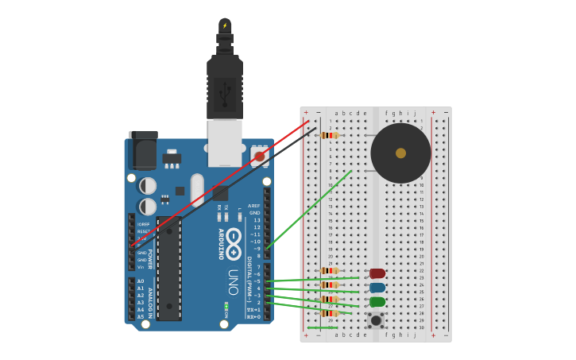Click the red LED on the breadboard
pyautogui.click(x=377, y=273)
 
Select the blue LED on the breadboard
pyautogui.click(x=377, y=288)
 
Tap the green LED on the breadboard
pyautogui.click(x=377, y=302)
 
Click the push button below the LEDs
pyautogui.click(x=376, y=320)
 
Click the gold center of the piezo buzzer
pyautogui.click(x=400, y=153)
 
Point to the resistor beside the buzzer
pyautogui.click(x=329, y=135)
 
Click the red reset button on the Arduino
pyautogui.click(x=260, y=157)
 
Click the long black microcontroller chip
pyautogui.click(x=168, y=269)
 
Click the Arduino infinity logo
pyautogui.click(x=234, y=244)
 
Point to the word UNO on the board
pyautogui.click(x=234, y=282)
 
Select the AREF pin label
pyautogui.click(x=254, y=205)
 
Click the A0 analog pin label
pyautogui.click(x=141, y=281)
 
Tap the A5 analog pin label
pyautogui.click(x=141, y=317)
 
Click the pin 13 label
pyautogui.click(x=256, y=219)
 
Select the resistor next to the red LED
pyautogui.click(x=329, y=271)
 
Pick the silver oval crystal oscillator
pyautogui.click(x=198, y=190)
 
